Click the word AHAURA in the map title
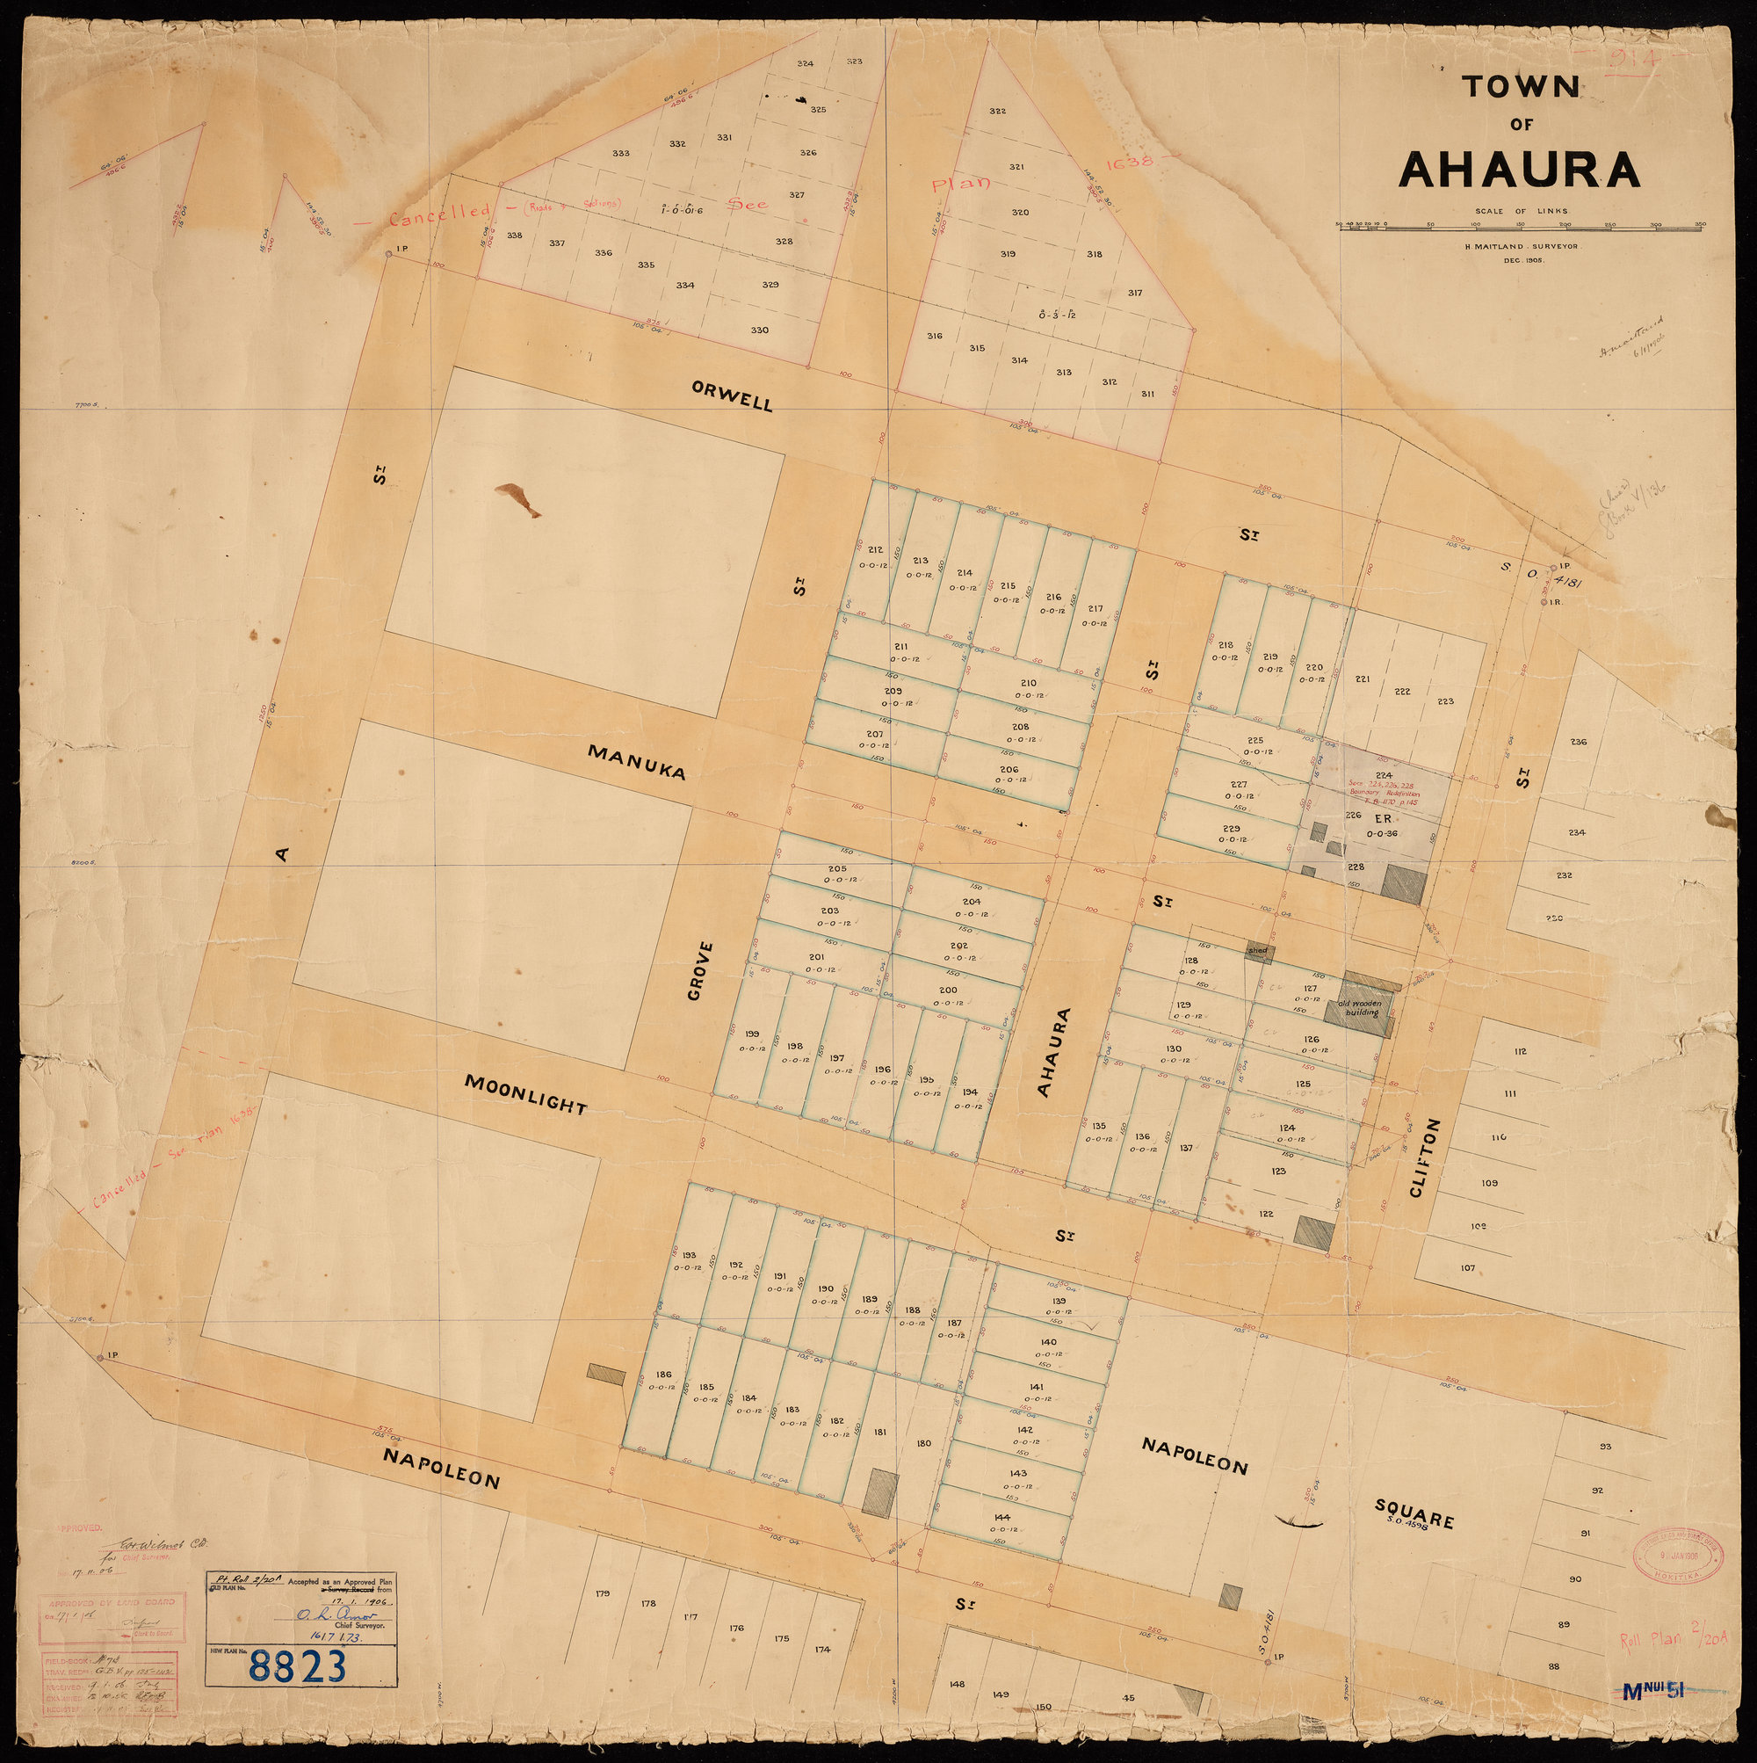click(x=1519, y=169)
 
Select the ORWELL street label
click(x=732, y=396)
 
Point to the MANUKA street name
click(x=636, y=761)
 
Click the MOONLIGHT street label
click(x=525, y=1093)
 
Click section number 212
click(x=875, y=549)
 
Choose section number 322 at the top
click(x=997, y=111)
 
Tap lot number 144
click(x=1002, y=1518)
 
